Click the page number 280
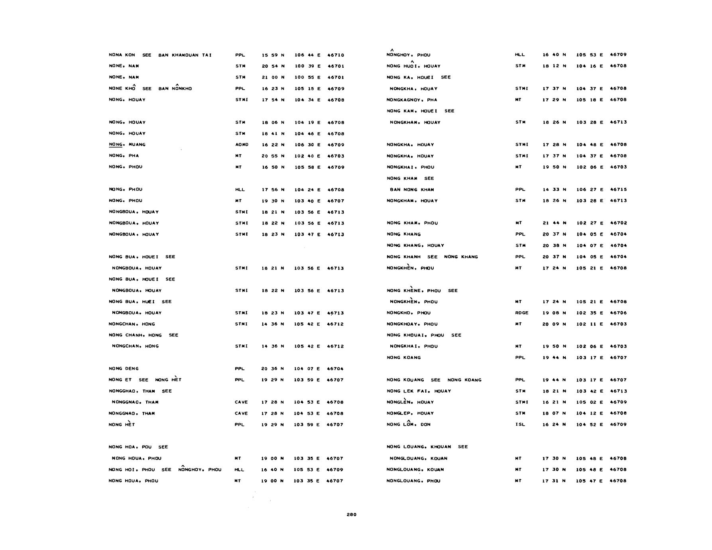tap(351, 515)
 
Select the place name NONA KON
tap(122, 55)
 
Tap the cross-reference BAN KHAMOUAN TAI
tap(185, 55)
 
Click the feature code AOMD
tap(242, 145)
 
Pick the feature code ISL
tap(520, 424)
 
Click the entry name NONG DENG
tap(124, 369)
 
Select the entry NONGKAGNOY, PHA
tap(412, 100)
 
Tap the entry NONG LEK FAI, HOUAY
tap(419, 391)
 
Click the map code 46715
tap(618, 189)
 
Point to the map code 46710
tap(336, 55)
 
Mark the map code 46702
tap(618, 223)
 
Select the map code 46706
tap(618, 313)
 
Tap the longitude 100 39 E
tap(307, 66)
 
